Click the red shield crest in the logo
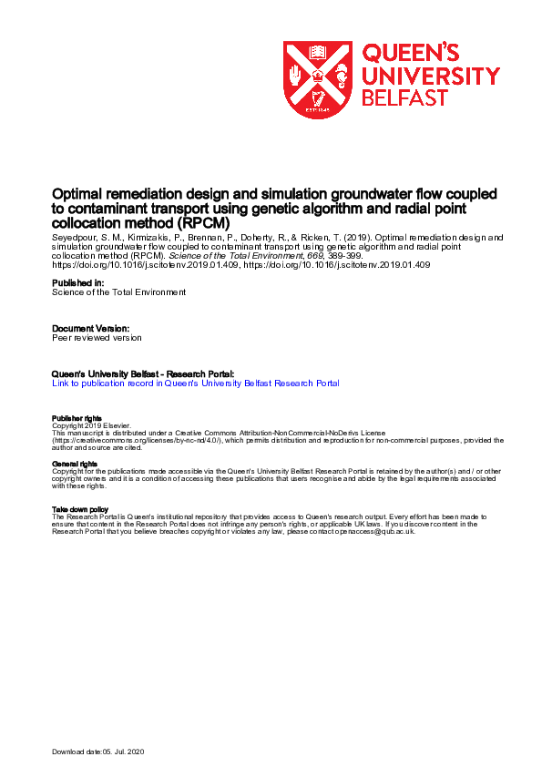pyautogui.click(x=317, y=79)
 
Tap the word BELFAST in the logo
pyautogui.click(x=404, y=97)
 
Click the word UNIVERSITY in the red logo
pyautogui.click(x=431, y=75)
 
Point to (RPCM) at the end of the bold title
pyautogui.click(x=207, y=222)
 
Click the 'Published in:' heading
pyautogui.click(x=78, y=283)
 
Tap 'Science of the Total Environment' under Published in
pyautogui.click(x=118, y=292)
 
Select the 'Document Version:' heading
pyautogui.click(x=91, y=327)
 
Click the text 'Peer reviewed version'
pyautogui.click(x=97, y=337)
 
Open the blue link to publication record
pyautogui.click(x=196, y=383)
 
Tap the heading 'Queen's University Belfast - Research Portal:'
pyautogui.click(x=143, y=373)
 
